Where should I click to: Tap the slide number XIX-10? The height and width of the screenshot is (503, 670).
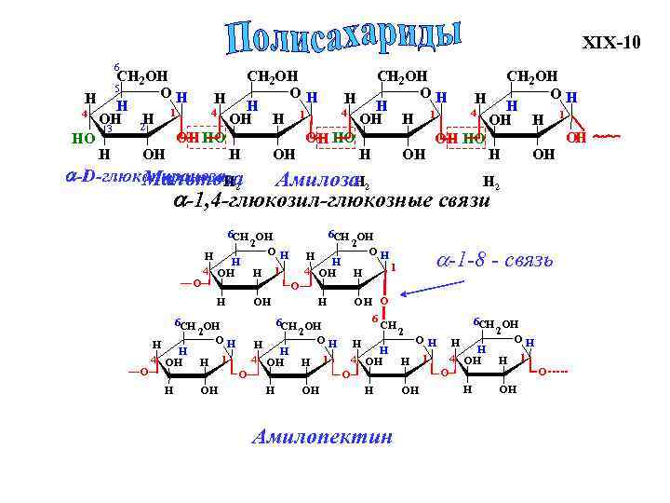[611, 43]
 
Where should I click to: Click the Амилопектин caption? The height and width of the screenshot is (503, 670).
[322, 438]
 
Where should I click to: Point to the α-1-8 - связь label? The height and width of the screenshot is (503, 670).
[494, 259]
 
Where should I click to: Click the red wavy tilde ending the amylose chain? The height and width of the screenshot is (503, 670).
[606, 137]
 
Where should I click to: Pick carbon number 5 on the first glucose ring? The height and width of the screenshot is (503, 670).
[116, 88]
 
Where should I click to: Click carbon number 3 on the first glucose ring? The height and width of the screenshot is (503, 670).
[109, 129]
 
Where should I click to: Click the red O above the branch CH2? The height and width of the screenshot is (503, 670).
[384, 301]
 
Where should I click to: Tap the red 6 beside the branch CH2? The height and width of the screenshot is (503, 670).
[374, 319]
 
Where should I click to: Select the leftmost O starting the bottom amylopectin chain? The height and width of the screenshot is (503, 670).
[143, 372]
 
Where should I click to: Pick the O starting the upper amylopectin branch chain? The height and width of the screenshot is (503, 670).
[195, 282]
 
